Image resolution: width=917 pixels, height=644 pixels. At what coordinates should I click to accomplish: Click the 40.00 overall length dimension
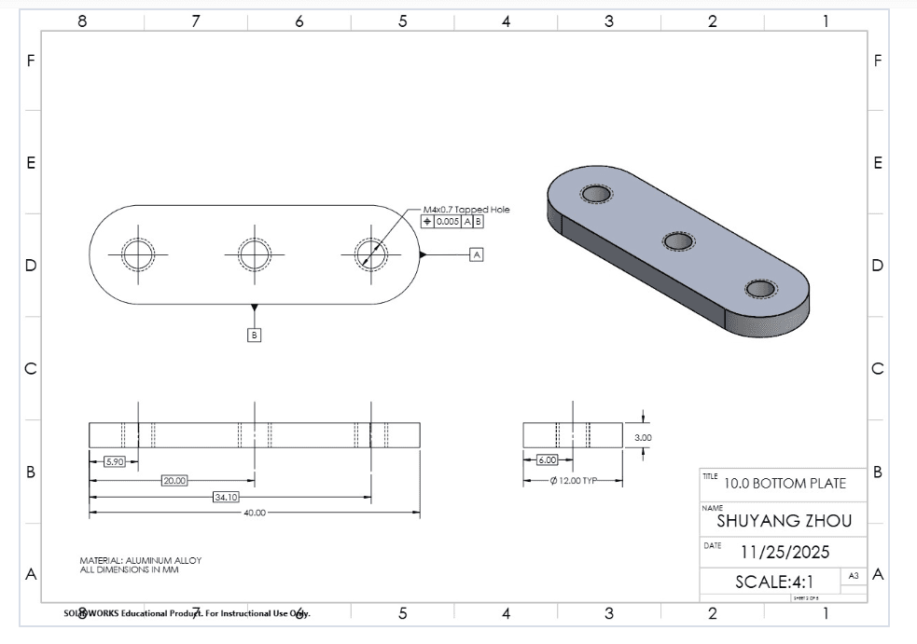click(254, 513)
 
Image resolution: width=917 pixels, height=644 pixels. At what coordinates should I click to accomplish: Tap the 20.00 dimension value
click(174, 481)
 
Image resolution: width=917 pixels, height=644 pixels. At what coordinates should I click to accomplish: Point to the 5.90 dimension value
click(114, 461)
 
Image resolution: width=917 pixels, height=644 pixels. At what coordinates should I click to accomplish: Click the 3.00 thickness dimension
click(643, 437)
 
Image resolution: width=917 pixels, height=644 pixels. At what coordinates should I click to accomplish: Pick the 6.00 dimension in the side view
click(547, 460)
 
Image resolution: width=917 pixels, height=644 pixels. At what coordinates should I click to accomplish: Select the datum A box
click(477, 253)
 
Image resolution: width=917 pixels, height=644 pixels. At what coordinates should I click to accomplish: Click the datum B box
click(255, 334)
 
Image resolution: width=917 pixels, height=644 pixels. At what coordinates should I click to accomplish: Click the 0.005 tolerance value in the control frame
click(447, 222)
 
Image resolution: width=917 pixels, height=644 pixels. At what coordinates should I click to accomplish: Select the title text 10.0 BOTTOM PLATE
click(785, 483)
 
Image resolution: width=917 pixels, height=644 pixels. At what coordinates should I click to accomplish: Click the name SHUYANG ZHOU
click(784, 521)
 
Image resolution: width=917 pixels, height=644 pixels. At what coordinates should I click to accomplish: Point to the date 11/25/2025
click(784, 552)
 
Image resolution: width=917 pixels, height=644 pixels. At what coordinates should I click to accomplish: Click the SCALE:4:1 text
click(773, 582)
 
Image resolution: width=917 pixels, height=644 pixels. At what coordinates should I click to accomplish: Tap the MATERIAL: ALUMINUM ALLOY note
click(140, 560)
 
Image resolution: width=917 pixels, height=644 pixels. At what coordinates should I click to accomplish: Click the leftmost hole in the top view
click(138, 253)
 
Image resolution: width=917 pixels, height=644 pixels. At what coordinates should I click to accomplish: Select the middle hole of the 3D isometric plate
click(678, 241)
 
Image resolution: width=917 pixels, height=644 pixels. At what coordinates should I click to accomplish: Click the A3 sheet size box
click(853, 576)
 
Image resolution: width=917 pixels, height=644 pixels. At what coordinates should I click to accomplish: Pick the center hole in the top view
click(254, 253)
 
